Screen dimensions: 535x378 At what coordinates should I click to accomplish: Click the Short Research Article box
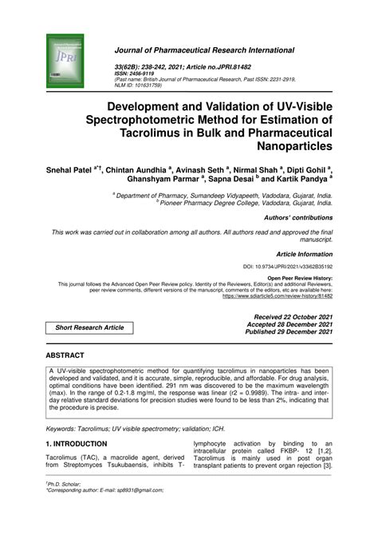[89, 327]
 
